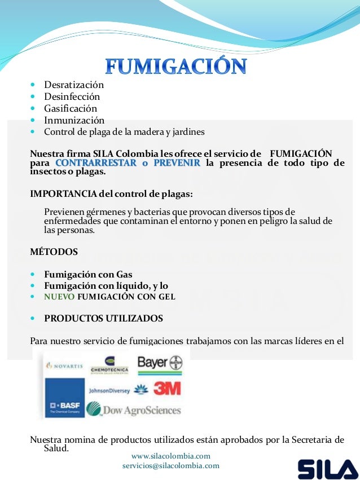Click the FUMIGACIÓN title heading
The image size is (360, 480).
click(177, 66)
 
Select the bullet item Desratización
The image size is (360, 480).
click(74, 85)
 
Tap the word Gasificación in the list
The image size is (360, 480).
click(71, 108)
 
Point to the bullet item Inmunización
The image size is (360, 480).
click(74, 120)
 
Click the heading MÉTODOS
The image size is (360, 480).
click(54, 252)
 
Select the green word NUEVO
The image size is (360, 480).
click(59, 297)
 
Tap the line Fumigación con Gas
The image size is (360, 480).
click(88, 275)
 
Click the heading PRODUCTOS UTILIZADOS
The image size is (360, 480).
click(103, 319)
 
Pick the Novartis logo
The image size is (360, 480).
click(65, 365)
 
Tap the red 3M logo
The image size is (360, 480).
click(167, 389)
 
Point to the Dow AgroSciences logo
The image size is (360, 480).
click(134, 410)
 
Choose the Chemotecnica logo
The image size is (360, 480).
click(109, 365)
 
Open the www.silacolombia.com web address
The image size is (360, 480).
click(170, 456)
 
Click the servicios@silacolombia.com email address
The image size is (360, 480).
click(170, 466)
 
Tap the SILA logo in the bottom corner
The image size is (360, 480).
click(327, 469)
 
